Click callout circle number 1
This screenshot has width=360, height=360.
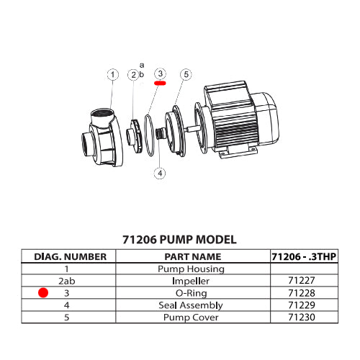(x=112, y=74)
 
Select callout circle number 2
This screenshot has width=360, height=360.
(x=133, y=74)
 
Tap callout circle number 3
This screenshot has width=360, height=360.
(x=160, y=74)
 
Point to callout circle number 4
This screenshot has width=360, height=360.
(x=160, y=173)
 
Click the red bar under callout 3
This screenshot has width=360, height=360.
(x=160, y=83)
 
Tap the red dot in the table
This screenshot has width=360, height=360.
(x=43, y=293)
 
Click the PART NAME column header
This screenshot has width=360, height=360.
(x=192, y=256)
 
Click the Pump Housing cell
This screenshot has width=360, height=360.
(x=192, y=269)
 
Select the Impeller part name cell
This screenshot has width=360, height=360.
(x=192, y=281)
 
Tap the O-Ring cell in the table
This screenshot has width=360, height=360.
(x=192, y=293)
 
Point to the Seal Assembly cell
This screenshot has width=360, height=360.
(x=192, y=305)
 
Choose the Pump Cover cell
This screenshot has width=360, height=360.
(x=192, y=316)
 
